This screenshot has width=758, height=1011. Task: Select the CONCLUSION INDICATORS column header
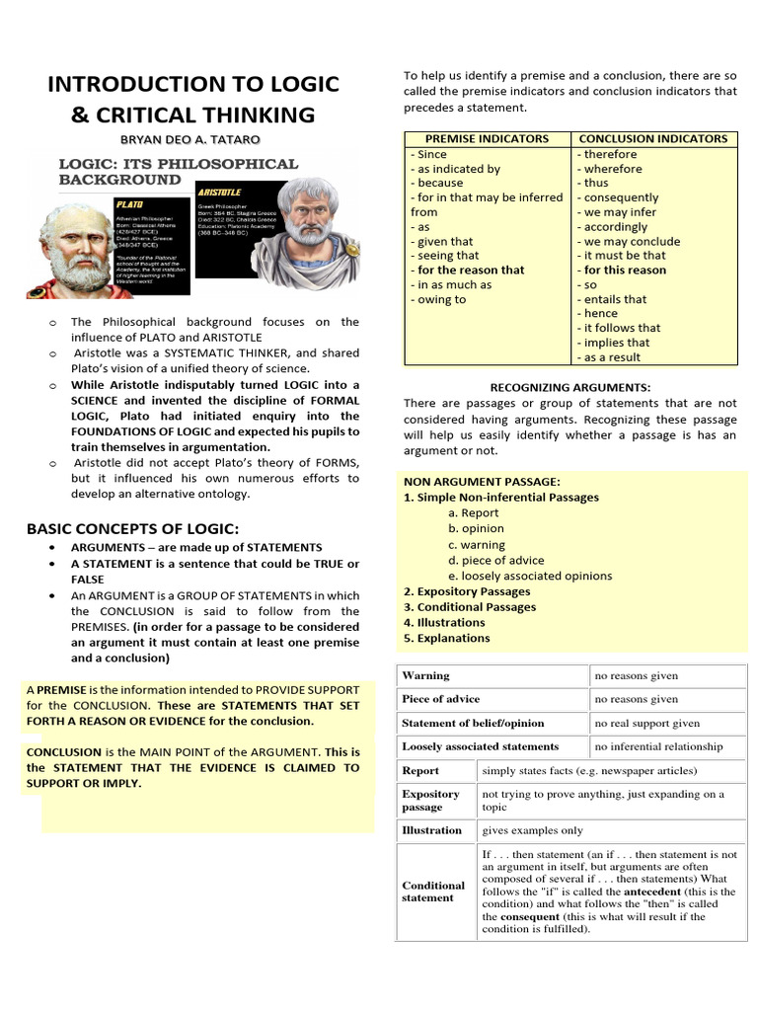click(x=652, y=139)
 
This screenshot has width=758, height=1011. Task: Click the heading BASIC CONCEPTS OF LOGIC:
click(x=132, y=528)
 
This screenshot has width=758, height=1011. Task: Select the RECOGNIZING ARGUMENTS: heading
click(x=570, y=387)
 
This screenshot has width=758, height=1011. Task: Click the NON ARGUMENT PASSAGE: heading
click(x=468, y=481)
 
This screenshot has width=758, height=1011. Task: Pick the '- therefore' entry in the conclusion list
click(x=608, y=154)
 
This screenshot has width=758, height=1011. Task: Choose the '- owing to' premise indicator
click(x=438, y=299)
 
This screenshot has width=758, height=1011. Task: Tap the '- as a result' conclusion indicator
click(x=609, y=357)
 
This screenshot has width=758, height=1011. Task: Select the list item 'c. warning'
click(x=476, y=544)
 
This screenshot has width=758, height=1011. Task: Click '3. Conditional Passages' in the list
click(x=470, y=607)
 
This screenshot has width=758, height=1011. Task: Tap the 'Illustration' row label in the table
click(x=431, y=830)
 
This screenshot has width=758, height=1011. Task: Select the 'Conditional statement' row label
click(x=432, y=892)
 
